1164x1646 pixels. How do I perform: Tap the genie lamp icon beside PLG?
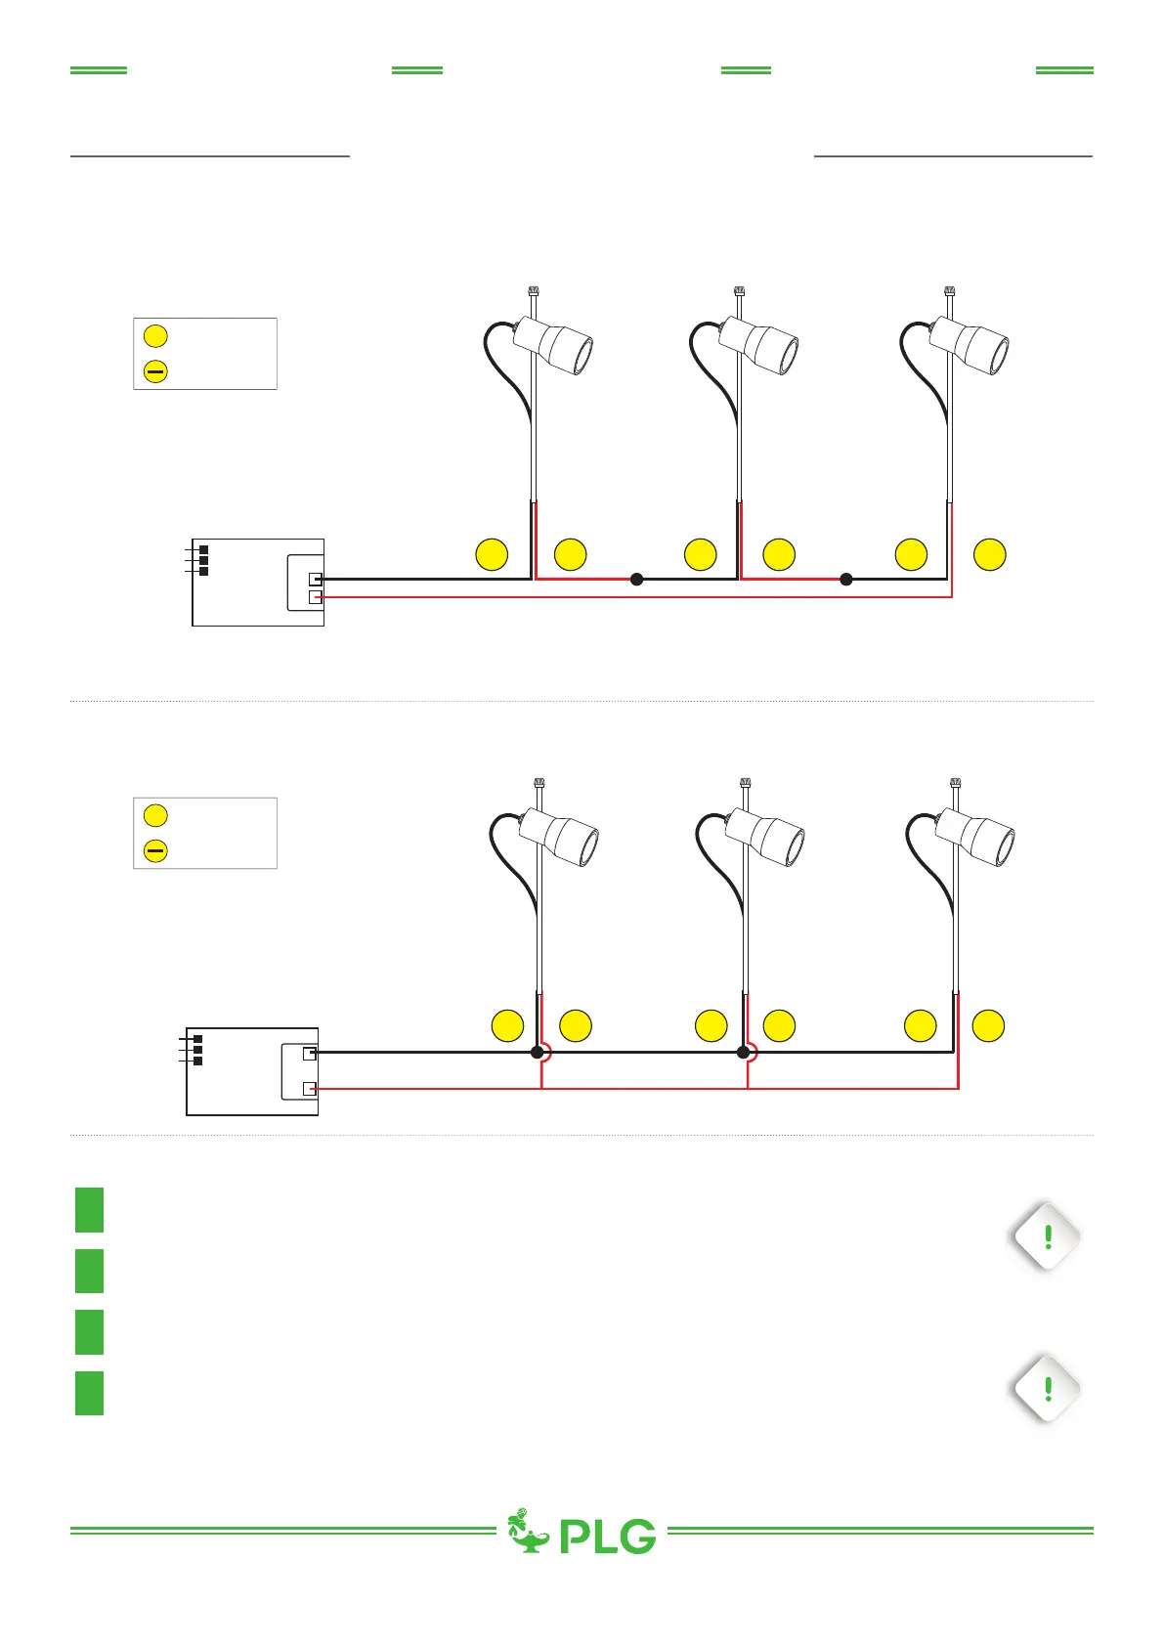(x=528, y=1532)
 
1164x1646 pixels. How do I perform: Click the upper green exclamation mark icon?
(x=1048, y=1236)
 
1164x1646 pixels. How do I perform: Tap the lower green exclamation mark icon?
(x=1048, y=1388)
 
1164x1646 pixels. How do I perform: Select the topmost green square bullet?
(x=89, y=1209)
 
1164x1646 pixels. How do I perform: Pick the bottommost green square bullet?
(x=89, y=1393)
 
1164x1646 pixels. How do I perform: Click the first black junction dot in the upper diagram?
(x=637, y=579)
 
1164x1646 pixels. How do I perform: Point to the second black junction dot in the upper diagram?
(x=846, y=579)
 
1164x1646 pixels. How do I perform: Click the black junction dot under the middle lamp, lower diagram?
(x=744, y=1053)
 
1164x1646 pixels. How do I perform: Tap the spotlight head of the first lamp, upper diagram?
(x=555, y=344)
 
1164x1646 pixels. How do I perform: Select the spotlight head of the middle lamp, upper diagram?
(x=760, y=344)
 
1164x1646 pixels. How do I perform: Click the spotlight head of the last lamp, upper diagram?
(x=970, y=344)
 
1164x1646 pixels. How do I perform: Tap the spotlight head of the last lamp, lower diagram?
(x=976, y=838)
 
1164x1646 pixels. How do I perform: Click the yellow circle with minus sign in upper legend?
(x=155, y=371)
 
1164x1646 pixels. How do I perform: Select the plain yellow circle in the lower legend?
(x=155, y=815)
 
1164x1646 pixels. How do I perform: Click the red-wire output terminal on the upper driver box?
(x=315, y=596)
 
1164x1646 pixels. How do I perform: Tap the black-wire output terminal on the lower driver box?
(x=310, y=1053)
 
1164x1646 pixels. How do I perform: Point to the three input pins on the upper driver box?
(x=202, y=560)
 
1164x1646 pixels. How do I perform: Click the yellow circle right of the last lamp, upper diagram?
(x=990, y=554)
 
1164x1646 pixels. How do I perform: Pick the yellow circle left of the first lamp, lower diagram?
(x=507, y=1026)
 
